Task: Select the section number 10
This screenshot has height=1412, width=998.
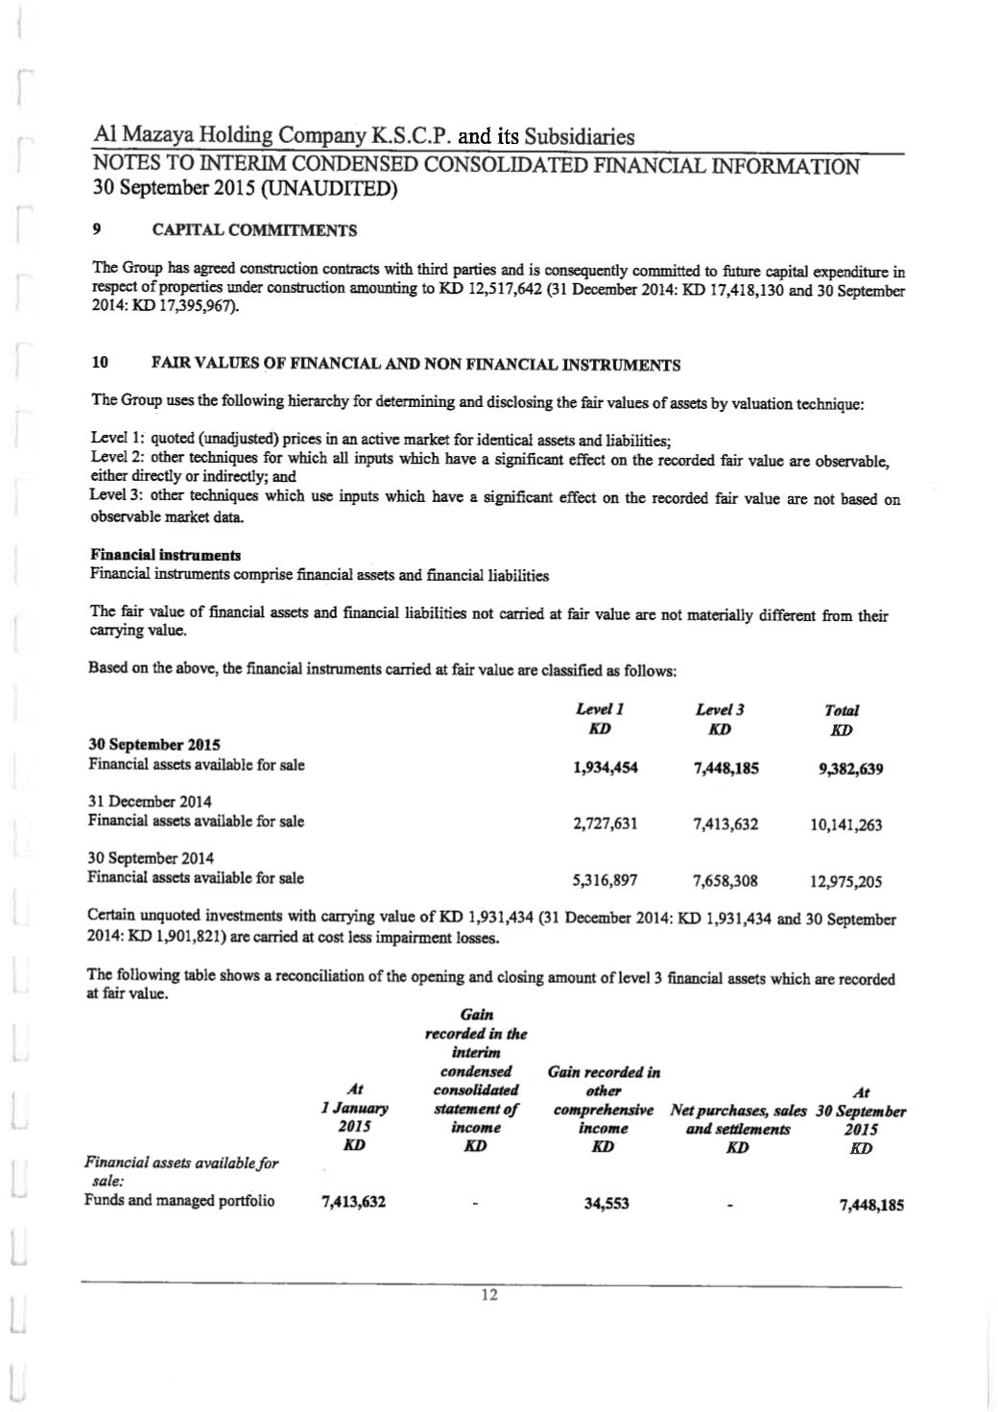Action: [x=99, y=364]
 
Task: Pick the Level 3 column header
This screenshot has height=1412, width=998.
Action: [x=720, y=709]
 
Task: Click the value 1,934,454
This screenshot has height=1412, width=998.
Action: [x=605, y=767]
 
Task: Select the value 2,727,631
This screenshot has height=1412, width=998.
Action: [x=605, y=824]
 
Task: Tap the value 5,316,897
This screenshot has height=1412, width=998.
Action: [x=605, y=879]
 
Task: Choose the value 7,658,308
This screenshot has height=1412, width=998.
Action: [x=725, y=880]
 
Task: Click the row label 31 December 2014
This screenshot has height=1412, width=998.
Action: [x=150, y=802]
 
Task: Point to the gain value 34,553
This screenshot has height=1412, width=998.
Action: [x=606, y=1204]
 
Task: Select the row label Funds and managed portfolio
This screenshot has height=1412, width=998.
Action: [x=179, y=1201]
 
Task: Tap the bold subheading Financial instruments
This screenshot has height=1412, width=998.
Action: [x=165, y=556]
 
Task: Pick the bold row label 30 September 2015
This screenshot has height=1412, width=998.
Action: [x=154, y=745]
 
